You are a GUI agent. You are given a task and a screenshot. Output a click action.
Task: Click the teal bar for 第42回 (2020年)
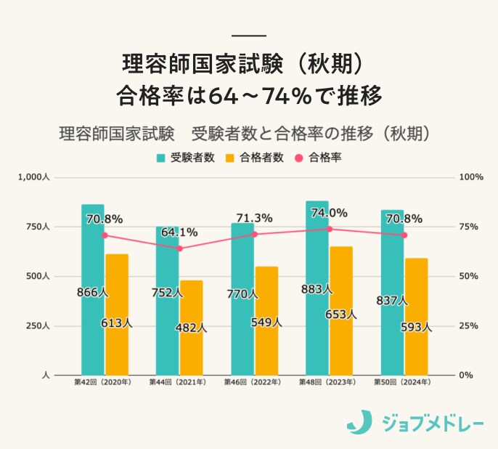tap(92, 291)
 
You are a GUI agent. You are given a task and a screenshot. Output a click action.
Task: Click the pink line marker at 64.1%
tap(180, 248)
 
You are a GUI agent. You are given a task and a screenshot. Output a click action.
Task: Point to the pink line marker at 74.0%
tap(330, 229)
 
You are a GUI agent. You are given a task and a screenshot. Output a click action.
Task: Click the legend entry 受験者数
tap(186, 157)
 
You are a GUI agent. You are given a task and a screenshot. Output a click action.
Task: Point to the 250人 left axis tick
tap(36, 326)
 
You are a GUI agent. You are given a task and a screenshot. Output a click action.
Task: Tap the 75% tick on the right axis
tap(467, 227)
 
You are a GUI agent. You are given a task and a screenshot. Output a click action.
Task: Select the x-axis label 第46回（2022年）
tap(252, 382)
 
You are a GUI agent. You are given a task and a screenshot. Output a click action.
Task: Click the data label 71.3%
tap(254, 218)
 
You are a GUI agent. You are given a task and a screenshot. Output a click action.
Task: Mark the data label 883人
tap(317, 289)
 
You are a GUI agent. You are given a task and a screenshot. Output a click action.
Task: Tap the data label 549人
tap(266, 323)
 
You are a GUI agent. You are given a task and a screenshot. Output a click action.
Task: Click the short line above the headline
tap(249, 36)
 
